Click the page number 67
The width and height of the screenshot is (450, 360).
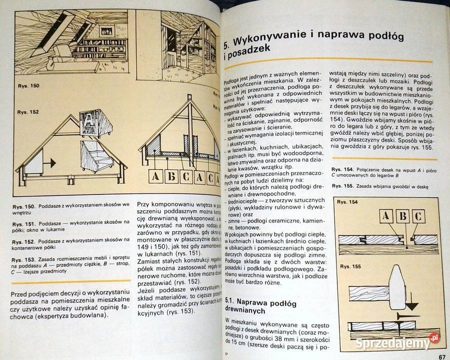click(441, 355)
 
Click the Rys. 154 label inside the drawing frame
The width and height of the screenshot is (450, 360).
click(347, 202)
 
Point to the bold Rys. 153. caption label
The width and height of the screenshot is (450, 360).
click(23, 259)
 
